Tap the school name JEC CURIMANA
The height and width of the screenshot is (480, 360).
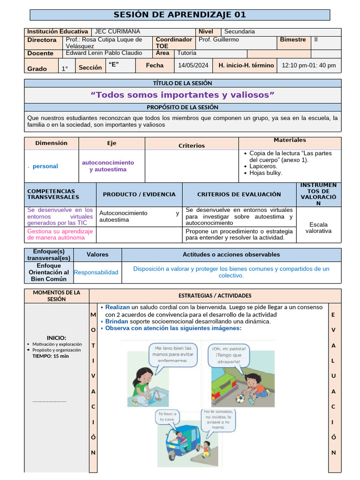pyautogui.click(x=117, y=32)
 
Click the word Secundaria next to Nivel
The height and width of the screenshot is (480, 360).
pyautogui.click(x=240, y=32)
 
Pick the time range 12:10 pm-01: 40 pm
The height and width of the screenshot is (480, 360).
pyautogui.click(x=309, y=66)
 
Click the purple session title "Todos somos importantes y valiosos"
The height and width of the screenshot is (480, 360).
pyautogui.click(x=182, y=95)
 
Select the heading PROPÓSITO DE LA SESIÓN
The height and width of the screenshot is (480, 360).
pyautogui.click(x=182, y=107)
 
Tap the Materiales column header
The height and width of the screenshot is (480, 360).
pyautogui.click(x=290, y=140)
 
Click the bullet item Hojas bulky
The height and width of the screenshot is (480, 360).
pyautogui.click(x=266, y=173)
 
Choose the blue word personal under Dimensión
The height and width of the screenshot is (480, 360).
pyautogui.click(x=45, y=166)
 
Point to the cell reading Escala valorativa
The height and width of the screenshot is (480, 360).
pyautogui.click(x=318, y=227)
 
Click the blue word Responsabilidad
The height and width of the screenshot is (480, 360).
pyautogui.click(x=96, y=272)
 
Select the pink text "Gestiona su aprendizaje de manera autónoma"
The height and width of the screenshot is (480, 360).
pyautogui.click(x=60, y=234)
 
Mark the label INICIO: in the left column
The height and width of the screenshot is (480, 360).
pyautogui.click(x=56, y=338)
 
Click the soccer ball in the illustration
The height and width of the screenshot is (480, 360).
pyautogui.click(x=240, y=399)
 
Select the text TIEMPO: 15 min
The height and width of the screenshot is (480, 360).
pyautogui.click(x=51, y=356)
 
